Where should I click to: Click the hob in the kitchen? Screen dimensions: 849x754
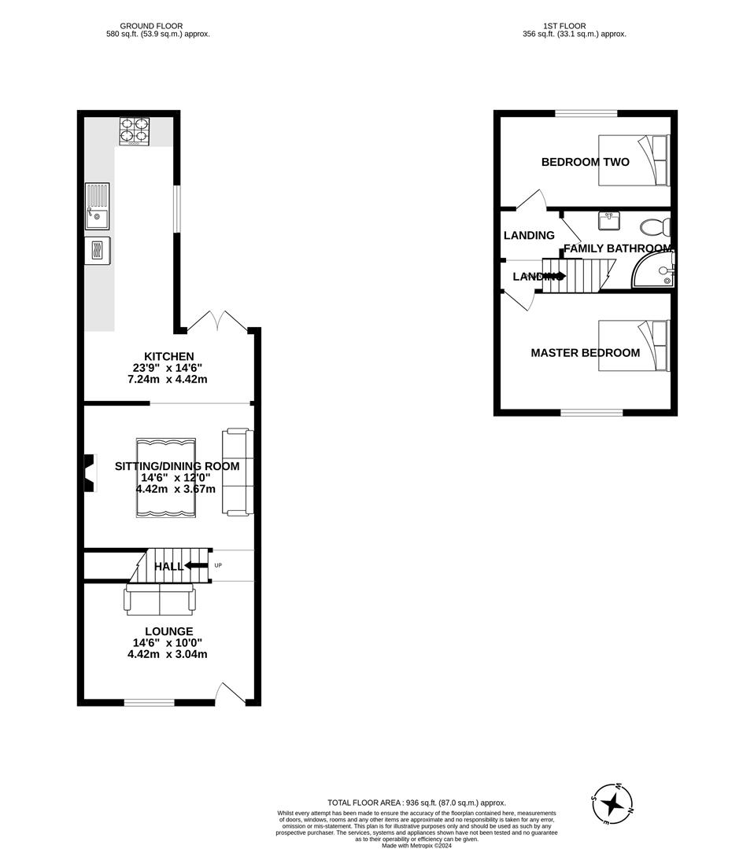(x=134, y=130)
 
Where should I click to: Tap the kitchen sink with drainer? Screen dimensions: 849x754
(x=97, y=207)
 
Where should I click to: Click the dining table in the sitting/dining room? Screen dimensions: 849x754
(x=165, y=477)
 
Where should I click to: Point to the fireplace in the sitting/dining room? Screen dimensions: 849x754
(x=90, y=472)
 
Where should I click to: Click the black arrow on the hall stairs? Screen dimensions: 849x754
(x=196, y=566)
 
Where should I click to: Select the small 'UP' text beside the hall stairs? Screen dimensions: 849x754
(x=218, y=566)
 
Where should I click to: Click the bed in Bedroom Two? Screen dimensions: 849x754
(x=634, y=160)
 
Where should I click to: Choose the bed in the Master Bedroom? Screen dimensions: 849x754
(x=634, y=346)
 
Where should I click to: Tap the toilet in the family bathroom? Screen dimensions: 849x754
(x=654, y=228)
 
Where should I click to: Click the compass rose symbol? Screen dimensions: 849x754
(x=612, y=803)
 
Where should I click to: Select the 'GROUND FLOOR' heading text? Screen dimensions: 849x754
(x=157, y=26)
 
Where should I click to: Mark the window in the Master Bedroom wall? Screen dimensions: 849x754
(x=592, y=412)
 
